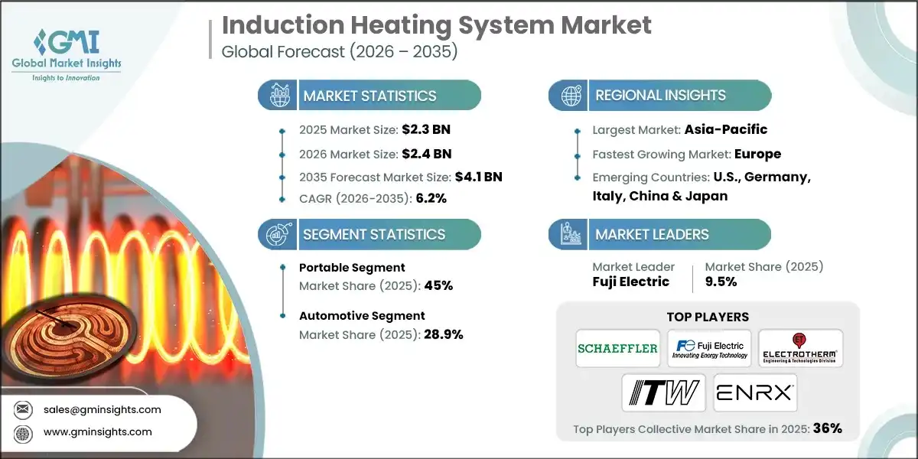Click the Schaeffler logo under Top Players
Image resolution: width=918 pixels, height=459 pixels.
click(x=617, y=349)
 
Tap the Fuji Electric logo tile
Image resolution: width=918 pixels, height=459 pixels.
click(x=709, y=349)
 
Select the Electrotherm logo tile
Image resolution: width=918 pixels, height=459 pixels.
click(x=801, y=349)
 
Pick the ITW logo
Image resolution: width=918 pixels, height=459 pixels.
click(x=662, y=393)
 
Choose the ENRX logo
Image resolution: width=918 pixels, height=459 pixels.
click(x=755, y=393)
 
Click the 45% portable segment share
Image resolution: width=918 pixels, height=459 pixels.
click(x=438, y=286)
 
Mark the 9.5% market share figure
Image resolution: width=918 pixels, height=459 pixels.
click(x=721, y=282)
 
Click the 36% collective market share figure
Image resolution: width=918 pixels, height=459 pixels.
click(x=827, y=428)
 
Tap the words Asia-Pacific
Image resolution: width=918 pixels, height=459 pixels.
click(x=726, y=129)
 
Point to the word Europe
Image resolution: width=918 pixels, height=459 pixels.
click(x=757, y=154)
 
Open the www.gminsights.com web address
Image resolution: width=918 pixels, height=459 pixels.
click(x=98, y=431)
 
